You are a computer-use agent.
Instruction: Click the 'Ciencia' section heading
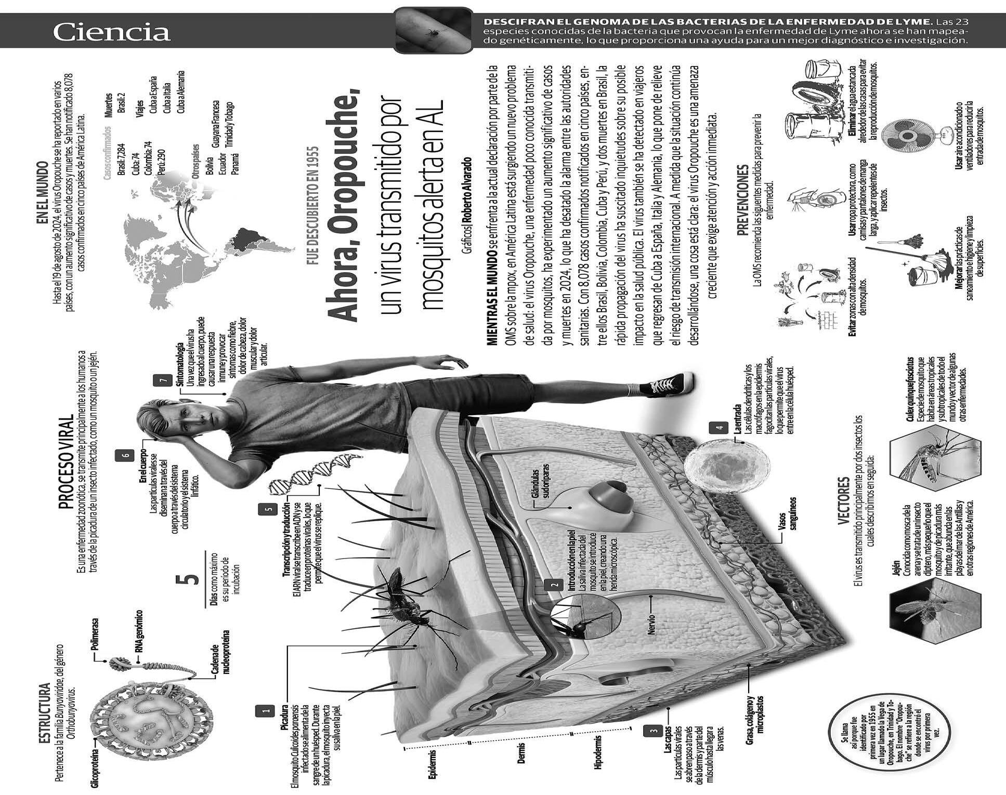point(111,32)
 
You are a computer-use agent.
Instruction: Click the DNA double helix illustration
point(315,473)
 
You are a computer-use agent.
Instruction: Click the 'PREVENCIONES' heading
point(744,200)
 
